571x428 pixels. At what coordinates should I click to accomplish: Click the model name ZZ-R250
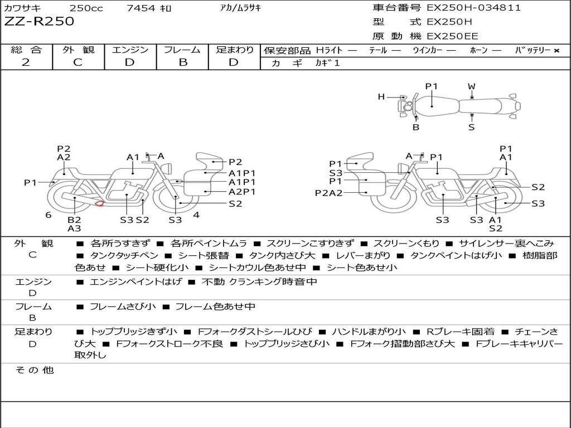(x=39, y=22)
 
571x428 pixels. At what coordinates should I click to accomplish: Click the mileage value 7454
(x=138, y=8)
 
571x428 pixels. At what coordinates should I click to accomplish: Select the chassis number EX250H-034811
(x=473, y=8)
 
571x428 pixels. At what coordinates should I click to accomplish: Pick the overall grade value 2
(x=26, y=62)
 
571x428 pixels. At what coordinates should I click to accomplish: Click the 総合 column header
(x=26, y=50)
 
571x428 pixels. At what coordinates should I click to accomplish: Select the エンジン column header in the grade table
(x=130, y=50)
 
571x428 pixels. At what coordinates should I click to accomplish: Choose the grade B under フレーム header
(x=182, y=62)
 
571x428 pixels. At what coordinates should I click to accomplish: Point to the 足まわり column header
(x=235, y=50)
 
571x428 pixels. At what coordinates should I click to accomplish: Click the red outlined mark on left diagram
(x=99, y=203)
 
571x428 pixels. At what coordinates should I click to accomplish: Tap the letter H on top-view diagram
(x=381, y=97)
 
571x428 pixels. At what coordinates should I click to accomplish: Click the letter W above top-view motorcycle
(x=472, y=86)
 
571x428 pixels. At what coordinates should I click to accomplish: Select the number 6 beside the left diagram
(x=49, y=215)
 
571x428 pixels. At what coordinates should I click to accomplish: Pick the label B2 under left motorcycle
(x=74, y=220)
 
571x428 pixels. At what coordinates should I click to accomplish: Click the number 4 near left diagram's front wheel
(x=196, y=215)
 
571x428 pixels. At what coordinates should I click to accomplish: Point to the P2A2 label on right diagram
(x=328, y=193)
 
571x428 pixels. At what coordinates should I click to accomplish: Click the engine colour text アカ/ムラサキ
(x=240, y=8)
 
